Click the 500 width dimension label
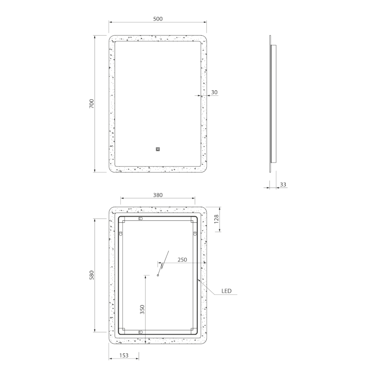pos(158,19)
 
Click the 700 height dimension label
pos(92,103)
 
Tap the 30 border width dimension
pos(214,92)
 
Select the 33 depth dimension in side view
pos(283,184)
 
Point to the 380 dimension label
pos(158,195)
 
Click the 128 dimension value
pos(216,219)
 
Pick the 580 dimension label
pos(92,275)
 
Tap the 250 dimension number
pos(182,260)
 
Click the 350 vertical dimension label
pos(142,310)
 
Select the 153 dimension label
pos(124,355)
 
